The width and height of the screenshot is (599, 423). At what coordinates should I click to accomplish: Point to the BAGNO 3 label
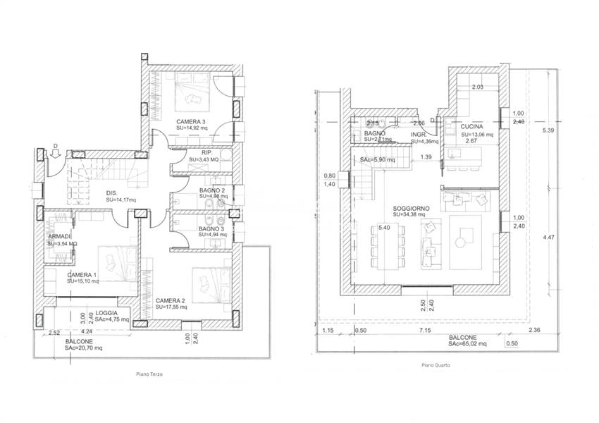[211, 229]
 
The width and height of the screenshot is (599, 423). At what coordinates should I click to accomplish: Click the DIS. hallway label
[111, 192]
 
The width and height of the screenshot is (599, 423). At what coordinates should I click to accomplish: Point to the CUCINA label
[472, 127]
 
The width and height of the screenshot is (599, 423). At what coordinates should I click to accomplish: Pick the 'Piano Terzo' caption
[147, 375]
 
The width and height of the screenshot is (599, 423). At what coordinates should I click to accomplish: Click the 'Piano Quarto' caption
[436, 365]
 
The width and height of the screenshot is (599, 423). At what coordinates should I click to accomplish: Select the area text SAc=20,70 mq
[84, 348]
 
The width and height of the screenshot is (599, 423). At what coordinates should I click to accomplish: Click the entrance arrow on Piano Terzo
[56, 154]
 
